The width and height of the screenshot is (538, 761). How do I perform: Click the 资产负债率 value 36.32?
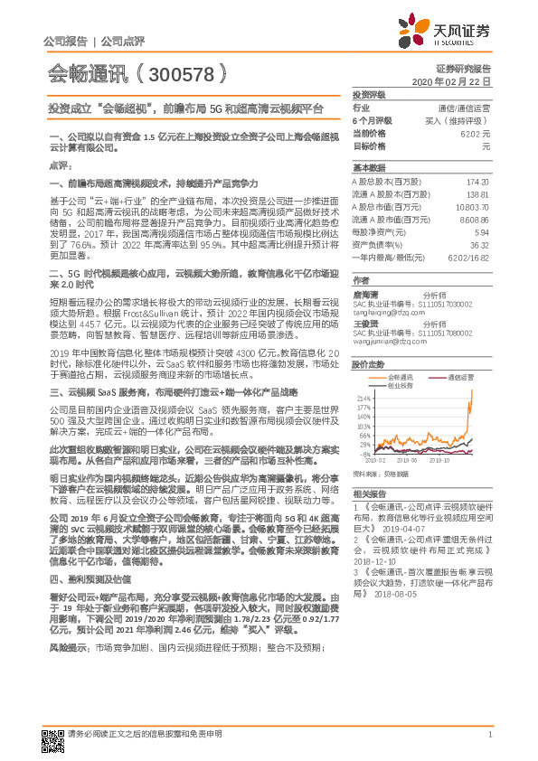click(x=479, y=244)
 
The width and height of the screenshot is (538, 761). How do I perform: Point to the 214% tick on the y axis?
click(x=364, y=397)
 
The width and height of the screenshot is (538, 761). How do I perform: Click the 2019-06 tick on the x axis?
click(x=408, y=460)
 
